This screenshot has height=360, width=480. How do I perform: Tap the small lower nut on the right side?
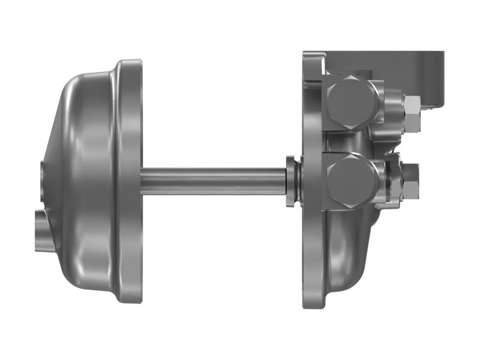click(x=411, y=181)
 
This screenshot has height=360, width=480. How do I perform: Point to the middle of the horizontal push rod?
click(x=213, y=181)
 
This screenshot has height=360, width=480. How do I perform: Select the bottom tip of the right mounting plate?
click(x=313, y=303)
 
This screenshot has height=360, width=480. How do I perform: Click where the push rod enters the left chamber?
click(x=144, y=181)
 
